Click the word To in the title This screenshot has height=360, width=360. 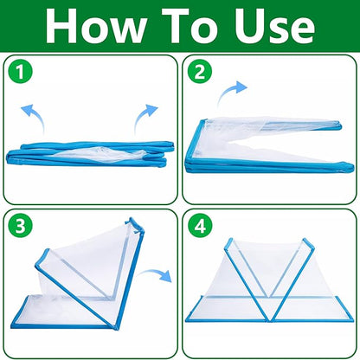click(190, 26)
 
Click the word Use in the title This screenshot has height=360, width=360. click(273, 26)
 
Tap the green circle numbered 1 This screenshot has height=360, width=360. click(20, 72)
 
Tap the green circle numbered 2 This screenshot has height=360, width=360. click(200, 72)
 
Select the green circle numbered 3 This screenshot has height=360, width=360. click(20, 226)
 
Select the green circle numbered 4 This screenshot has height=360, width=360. click(200, 226)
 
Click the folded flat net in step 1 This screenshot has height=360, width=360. click(90, 154)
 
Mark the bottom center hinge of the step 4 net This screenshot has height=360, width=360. click(270, 319)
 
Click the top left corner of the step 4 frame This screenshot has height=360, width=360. click(229, 239)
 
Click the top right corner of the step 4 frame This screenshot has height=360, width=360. click(305, 239)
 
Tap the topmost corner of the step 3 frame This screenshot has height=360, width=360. click(132, 218)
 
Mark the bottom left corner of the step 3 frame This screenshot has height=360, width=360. click(12, 326)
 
